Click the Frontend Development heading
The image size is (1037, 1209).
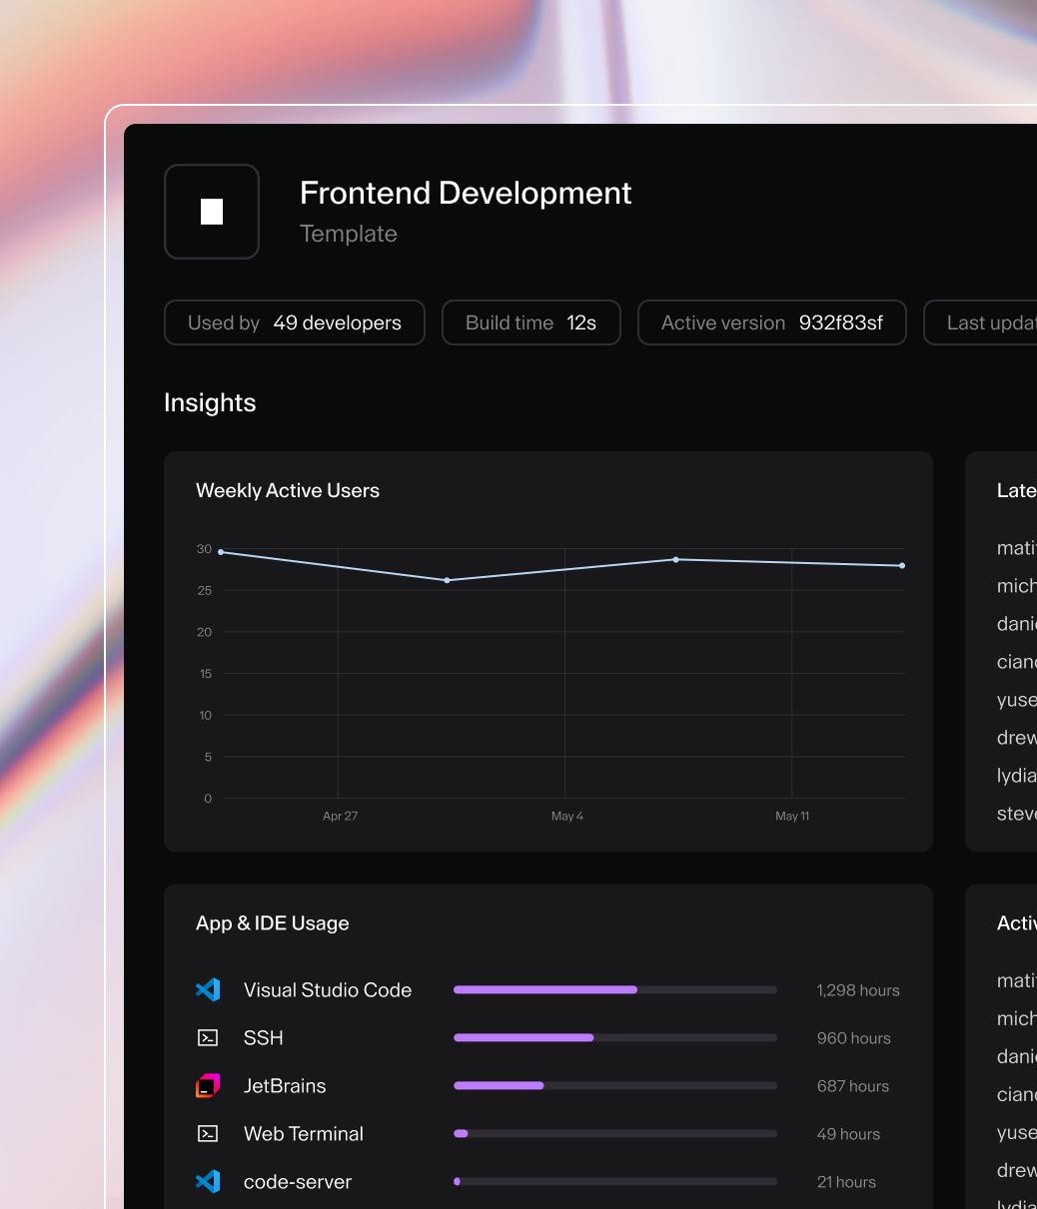pos(466,193)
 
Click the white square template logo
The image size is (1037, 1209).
pos(212,212)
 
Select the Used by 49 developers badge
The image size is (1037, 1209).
pos(295,322)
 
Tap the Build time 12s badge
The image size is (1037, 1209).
pos(530,322)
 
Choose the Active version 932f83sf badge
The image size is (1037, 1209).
pos(771,322)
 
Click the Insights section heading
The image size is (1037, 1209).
pos(210,402)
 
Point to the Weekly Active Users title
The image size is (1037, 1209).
pos(288,490)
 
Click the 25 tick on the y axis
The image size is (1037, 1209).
pos(205,591)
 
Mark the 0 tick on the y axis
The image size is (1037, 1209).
pos(208,799)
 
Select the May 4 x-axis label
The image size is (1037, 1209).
pos(566,817)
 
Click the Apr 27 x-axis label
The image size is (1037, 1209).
pos(340,817)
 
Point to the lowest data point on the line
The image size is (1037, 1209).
pos(447,580)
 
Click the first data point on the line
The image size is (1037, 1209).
pos(221,552)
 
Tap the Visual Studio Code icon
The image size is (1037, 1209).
pos(208,990)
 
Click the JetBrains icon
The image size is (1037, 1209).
pos(208,1086)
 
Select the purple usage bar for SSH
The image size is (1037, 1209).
pos(523,1038)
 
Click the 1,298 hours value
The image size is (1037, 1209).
pos(857,990)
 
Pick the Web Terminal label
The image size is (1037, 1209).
pos(304,1134)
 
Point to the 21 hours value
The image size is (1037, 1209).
pos(846,1182)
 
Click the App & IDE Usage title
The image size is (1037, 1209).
pos(273,923)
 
